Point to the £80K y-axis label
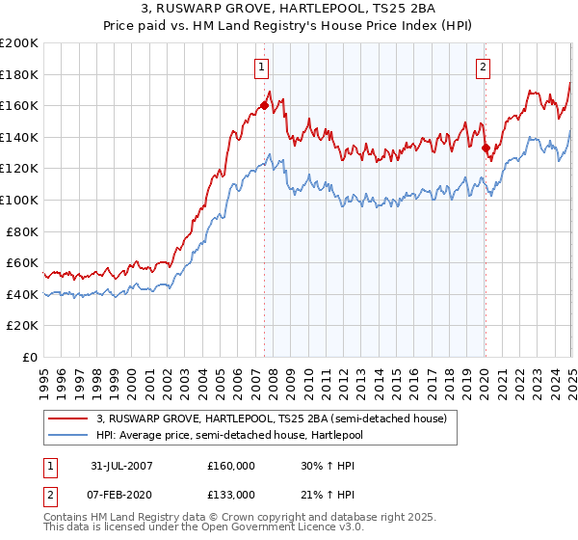click(x=22, y=231)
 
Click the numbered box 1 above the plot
click(x=262, y=67)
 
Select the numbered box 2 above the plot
click(x=483, y=67)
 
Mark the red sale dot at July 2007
click(x=264, y=106)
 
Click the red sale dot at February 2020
click(x=486, y=148)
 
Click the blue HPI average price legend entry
click(x=240, y=435)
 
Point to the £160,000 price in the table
click(x=231, y=465)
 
